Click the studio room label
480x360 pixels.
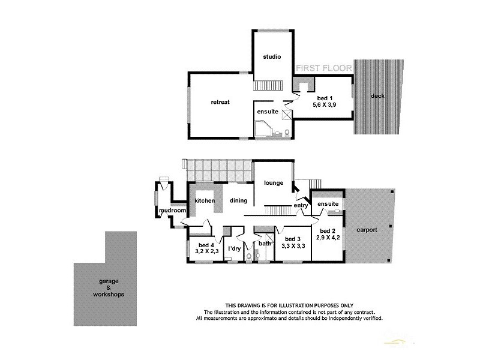pos(272,57)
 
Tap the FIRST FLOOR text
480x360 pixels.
pos(324,69)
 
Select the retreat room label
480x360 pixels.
pos(220,102)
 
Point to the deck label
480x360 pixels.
pos(378,96)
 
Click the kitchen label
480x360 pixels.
pos(205,200)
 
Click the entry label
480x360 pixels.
pos(301,206)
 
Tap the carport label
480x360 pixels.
pos(369,229)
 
